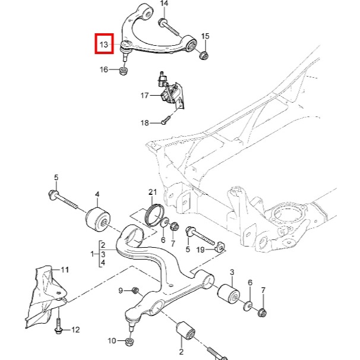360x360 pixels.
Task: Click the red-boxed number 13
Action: point(104,45)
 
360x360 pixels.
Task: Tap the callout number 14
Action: point(164,4)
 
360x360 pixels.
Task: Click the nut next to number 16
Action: point(124,72)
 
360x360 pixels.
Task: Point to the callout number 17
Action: point(144,95)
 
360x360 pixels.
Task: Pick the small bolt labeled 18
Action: point(165,122)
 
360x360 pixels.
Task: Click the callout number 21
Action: point(153,192)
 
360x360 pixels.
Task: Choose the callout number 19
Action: point(200,250)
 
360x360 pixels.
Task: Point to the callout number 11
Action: point(65,269)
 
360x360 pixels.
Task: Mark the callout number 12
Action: point(75,329)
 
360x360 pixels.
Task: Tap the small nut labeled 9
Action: point(135,290)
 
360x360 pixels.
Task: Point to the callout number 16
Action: point(104,70)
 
